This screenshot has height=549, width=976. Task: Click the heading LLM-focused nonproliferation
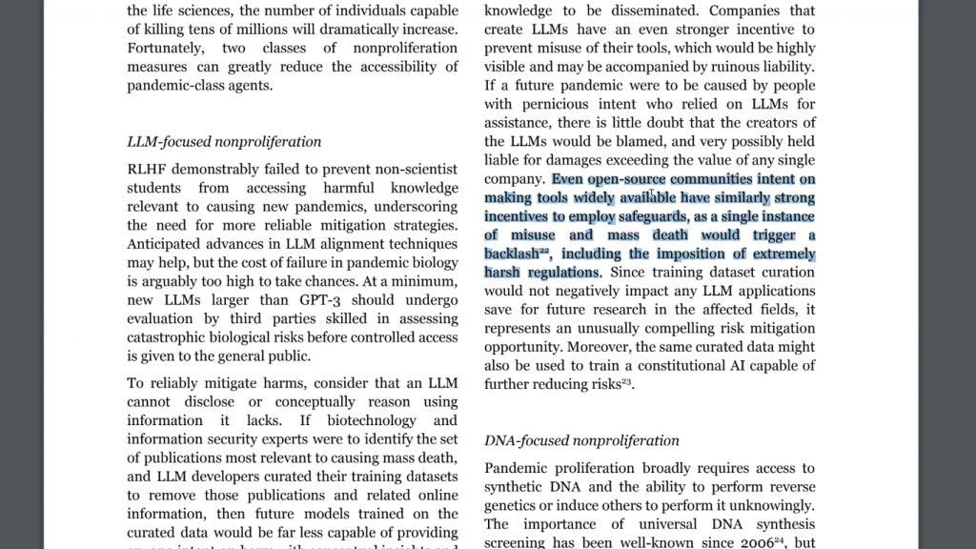click(224, 142)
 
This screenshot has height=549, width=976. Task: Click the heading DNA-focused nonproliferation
click(581, 440)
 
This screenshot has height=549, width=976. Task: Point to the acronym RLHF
click(148, 170)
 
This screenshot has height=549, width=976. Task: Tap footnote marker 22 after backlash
click(544, 252)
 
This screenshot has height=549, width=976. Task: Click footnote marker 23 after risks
click(626, 382)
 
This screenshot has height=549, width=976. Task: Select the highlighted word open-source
click(626, 179)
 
